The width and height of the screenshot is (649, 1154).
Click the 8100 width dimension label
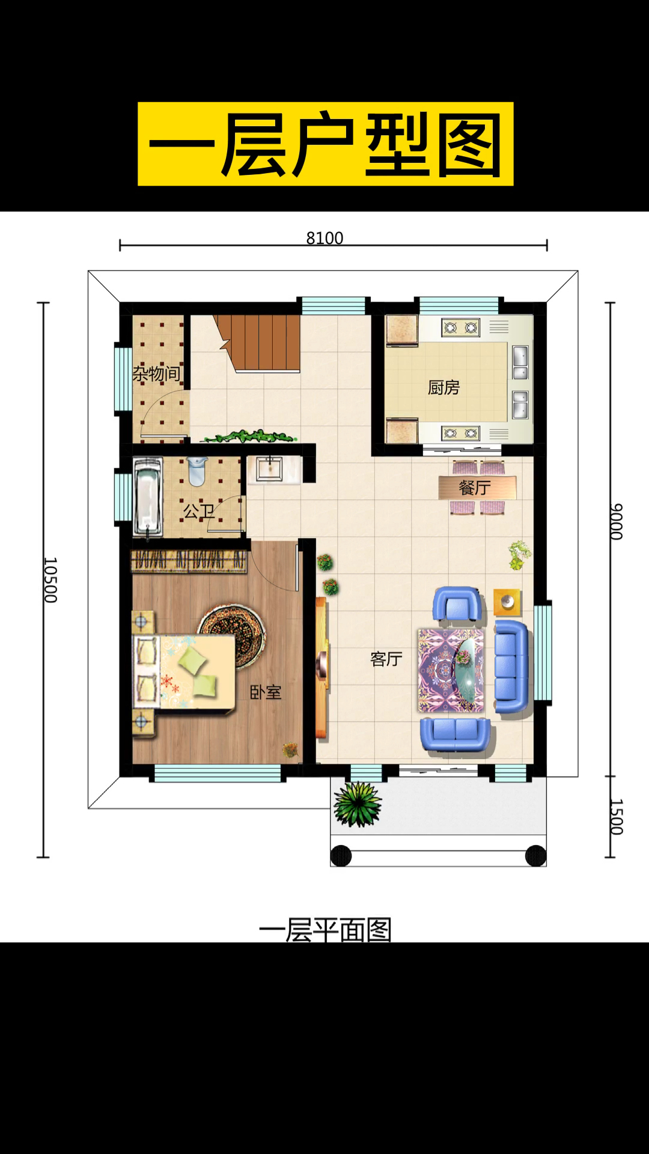tap(324, 238)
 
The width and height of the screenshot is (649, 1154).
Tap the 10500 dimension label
tap(50, 580)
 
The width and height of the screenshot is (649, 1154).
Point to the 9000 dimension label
tap(616, 522)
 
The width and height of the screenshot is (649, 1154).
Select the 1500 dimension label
tap(616, 817)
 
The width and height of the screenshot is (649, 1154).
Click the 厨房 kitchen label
tap(443, 388)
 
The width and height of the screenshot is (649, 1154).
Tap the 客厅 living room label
tap(386, 659)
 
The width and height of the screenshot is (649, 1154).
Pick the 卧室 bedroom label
tap(266, 692)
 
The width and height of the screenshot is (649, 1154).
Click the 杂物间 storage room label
tap(157, 374)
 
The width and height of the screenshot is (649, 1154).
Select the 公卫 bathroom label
tap(199, 511)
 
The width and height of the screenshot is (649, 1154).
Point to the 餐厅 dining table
tap(477, 487)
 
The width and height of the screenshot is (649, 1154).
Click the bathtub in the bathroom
tap(147, 496)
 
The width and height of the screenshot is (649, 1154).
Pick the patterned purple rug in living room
tap(451, 670)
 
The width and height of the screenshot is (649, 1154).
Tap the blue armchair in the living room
tap(457, 604)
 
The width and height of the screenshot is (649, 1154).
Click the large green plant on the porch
tap(358, 804)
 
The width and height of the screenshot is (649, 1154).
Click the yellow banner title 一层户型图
tap(325, 144)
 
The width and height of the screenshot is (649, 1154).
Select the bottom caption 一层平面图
tap(325, 930)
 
